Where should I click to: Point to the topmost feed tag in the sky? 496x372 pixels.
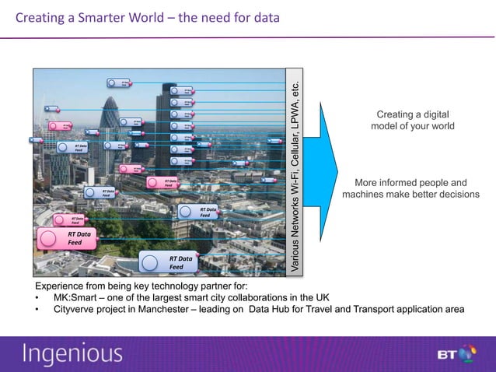(118, 82)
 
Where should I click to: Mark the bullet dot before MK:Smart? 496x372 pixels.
(37, 297)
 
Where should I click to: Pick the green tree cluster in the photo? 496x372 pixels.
(117, 222)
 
